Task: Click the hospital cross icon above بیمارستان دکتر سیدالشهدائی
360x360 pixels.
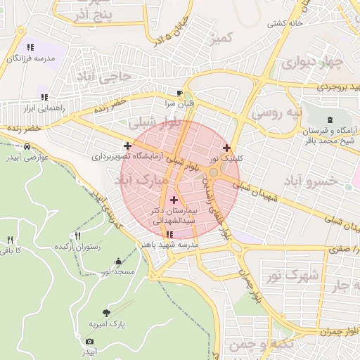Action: point(174,200)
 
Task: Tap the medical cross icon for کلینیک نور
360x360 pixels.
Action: point(226,148)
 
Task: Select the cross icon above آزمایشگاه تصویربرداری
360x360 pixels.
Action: point(127,146)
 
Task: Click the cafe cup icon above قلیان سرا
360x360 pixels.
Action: point(180,93)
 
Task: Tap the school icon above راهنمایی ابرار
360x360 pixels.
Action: point(44,97)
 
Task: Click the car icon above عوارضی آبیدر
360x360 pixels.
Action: point(26,146)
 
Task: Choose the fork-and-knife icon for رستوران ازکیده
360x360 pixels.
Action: point(77,236)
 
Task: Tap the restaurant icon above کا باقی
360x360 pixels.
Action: point(9,240)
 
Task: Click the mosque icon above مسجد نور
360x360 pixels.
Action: point(117,261)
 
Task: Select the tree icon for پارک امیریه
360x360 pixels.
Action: point(106,313)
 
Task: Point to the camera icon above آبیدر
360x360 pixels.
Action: point(89,341)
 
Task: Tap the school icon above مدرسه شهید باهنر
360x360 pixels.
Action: point(169,234)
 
